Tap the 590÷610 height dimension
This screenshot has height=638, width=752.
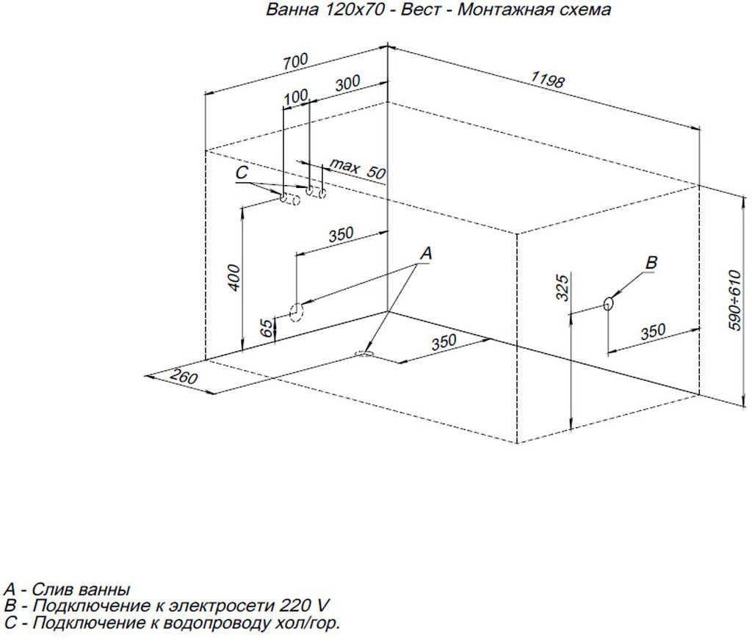click(x=737, y=300)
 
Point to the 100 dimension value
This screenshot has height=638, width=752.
click(x=296, y=96)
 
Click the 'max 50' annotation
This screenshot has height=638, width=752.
click(x=357, y=169)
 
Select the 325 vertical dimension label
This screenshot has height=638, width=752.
click(x=562, y=289)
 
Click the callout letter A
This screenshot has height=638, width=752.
click(x=426, y=253)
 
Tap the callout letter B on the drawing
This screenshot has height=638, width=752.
click(x=651, y=263)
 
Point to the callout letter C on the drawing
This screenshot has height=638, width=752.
click(x=244, y=173)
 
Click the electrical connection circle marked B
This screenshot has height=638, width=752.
click(x=609, y=303)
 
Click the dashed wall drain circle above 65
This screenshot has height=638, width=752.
click(x=297, y=312)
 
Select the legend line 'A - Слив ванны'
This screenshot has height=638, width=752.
click(x=67, y=590)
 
